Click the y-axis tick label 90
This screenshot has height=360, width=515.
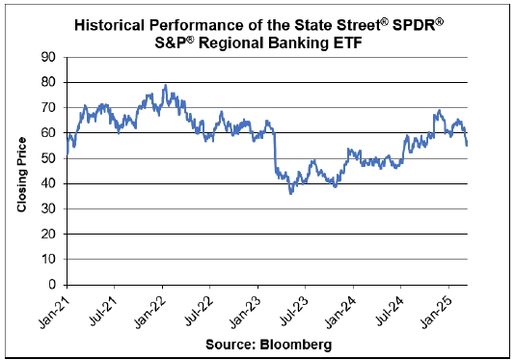tap(48, 57)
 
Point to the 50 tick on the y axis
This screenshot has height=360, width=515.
tap(48, 158)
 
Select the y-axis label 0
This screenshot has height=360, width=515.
tap(52, 285)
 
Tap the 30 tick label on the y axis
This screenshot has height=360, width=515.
tap(48, 208)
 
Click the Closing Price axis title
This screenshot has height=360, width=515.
tap(21, 175)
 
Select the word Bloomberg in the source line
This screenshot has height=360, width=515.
tap(296, 345)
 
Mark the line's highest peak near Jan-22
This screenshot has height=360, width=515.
tap(166, 85)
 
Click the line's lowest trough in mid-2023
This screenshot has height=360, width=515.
tap(290, 194)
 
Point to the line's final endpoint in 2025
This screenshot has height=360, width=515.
tap(467, 146)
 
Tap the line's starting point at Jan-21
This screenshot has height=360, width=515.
tap(67, 153)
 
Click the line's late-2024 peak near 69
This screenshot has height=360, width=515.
tap(439, 110)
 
